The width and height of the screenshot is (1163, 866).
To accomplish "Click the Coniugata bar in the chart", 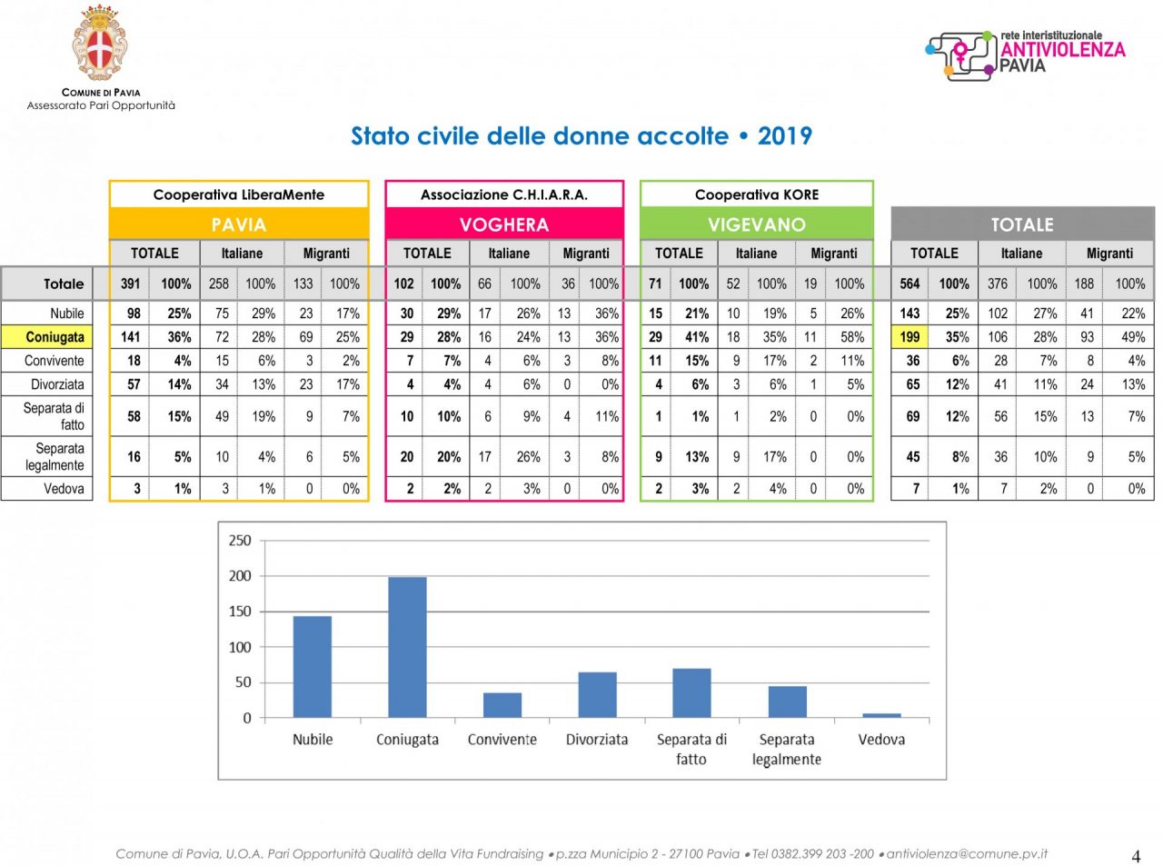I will [407, 647].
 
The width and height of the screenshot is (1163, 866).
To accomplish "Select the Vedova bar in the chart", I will [881, 715].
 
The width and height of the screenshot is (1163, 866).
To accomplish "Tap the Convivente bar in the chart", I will [502, 705].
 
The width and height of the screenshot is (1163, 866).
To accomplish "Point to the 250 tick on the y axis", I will [240, 541].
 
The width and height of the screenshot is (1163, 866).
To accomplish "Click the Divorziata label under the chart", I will [597, 740].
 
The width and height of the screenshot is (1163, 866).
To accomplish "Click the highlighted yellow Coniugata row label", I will [55, 337].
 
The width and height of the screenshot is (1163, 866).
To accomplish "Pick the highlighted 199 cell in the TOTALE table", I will [910, 337].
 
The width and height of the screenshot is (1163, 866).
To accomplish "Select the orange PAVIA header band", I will [239, 224].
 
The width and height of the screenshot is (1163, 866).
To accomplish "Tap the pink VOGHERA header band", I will [504, 224].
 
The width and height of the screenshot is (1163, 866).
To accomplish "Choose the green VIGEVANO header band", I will [757, 224].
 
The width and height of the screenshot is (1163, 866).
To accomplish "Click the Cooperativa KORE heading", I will [757, 194].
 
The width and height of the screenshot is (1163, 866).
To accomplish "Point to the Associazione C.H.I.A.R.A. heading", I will [504, 194].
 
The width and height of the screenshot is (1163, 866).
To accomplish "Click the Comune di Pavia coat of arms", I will [100, 43].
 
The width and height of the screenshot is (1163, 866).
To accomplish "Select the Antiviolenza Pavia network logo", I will [1026, 54].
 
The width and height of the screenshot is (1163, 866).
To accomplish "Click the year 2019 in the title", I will [785, 136].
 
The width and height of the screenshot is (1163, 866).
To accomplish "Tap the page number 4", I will [1136, 856].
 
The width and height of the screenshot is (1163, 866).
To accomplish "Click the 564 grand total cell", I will [910, 284].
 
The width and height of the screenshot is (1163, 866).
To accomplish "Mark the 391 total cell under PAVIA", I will [131, 284].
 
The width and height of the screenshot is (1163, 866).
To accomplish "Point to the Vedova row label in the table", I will [64, 489].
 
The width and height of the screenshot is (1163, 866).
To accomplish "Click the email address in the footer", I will [967, 854].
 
